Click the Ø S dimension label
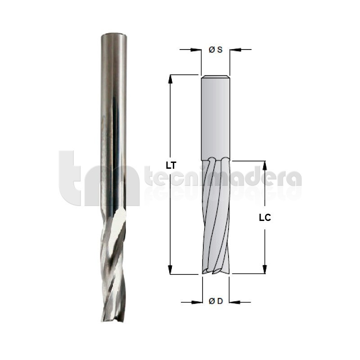click(216, 49)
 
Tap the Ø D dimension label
click(216, 301)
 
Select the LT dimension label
click(171, 165)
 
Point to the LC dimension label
click(265, 218)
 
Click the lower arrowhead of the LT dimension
click(170, 270)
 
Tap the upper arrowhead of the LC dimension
click(265, 166)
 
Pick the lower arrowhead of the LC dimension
click(265, 269)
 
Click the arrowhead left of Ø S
click(196, 49)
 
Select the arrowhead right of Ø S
click(235, 49)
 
